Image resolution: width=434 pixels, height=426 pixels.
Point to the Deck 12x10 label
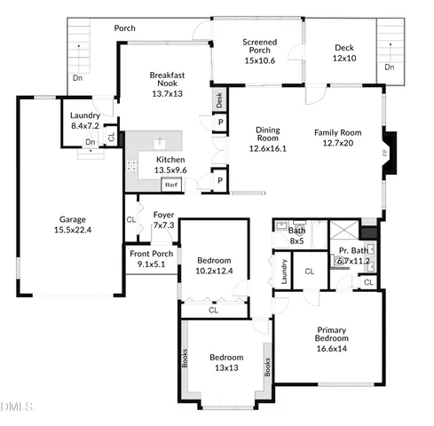tap(344, 52)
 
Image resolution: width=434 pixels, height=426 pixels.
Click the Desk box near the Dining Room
tap(219, 100)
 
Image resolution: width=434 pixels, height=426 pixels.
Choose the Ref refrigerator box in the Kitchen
tap(169, 185)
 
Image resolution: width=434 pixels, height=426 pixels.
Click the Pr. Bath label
tap(353, 251)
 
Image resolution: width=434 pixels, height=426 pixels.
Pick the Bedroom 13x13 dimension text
tap(225, 367)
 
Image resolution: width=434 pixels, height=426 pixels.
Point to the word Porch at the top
tap(125, 28)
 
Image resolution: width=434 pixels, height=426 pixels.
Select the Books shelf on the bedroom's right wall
tap(265, 367)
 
